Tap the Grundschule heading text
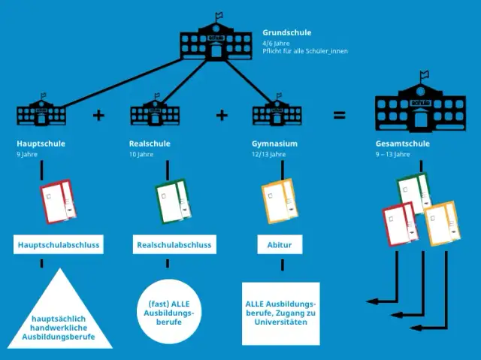point(286,32)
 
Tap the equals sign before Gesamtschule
point(340,115)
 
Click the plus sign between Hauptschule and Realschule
point(98,115)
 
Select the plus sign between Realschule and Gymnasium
point(221,115)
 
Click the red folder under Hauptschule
point(59,201)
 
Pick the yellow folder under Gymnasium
point(281,201)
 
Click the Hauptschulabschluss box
point(59,245)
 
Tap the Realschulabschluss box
point(174,245)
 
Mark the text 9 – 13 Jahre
point(392,154)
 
